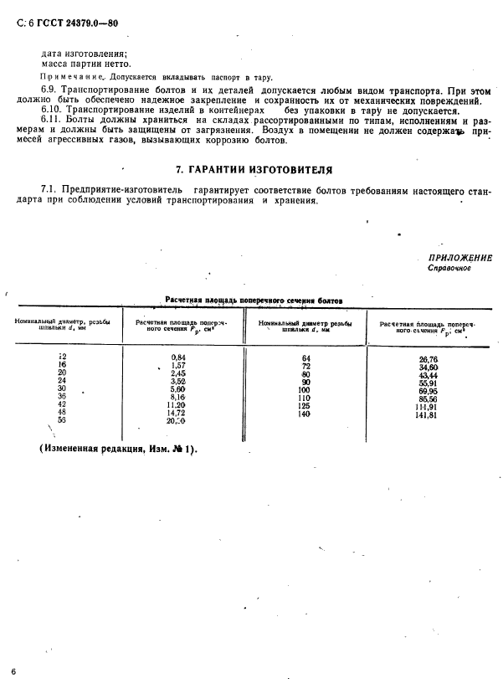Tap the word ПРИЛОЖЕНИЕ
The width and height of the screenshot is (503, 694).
[459, 258]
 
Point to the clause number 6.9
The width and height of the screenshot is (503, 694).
[50, 87]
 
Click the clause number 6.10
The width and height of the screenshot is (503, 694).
[53, 110]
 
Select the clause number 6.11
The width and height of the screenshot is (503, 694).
[53, 121]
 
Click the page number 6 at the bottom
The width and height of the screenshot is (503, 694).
[13, 672]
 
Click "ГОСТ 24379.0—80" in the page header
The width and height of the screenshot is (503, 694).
[74, 23]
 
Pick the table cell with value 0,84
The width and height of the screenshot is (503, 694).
[177, 357]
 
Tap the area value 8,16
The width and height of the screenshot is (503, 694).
[177, 398]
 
